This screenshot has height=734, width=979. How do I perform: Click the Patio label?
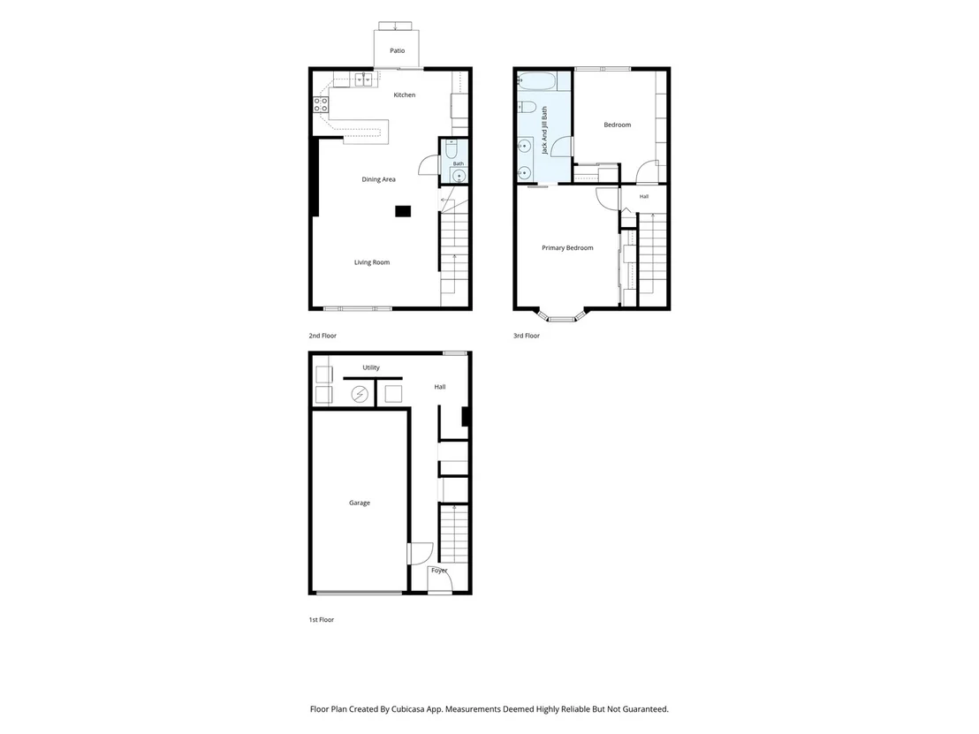pos(397,50)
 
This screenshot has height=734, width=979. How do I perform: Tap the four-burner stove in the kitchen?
pos(321,105)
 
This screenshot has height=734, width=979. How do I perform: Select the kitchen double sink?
pos(364,79)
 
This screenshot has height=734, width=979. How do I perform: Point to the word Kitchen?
pos(404,95)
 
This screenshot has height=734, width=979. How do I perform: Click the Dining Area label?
pos(378,179)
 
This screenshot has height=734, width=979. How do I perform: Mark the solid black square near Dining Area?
pos(403,211)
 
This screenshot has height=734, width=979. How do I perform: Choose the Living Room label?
pos(371,262)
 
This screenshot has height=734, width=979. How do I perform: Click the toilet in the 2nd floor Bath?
pos(452,148)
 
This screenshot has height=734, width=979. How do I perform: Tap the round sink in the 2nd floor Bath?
pos(459,176)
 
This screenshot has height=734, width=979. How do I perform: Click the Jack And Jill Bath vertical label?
pos(544,130)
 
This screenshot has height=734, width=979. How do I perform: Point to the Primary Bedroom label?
pos(567,248)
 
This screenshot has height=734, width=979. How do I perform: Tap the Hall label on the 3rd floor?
pos(644,197)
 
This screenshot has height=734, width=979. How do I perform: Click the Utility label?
pos(371,367)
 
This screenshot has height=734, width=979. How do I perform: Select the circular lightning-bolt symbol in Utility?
pos(359,395)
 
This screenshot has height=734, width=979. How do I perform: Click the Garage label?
pos(359,503)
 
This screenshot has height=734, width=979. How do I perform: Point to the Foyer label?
pos(439,571)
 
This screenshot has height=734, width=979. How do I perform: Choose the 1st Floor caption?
pos(321,620)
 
